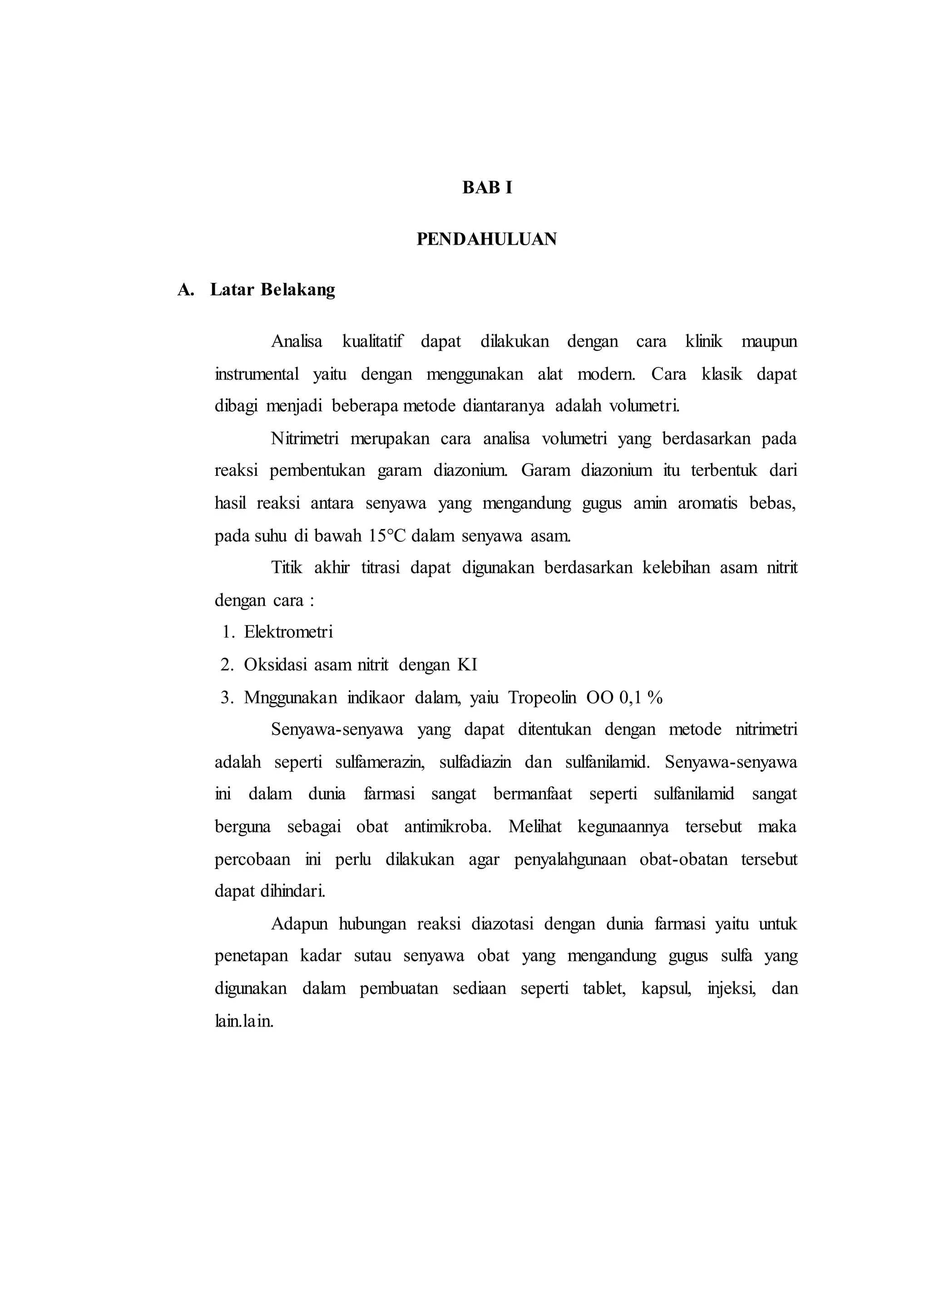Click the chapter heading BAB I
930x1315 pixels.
487,188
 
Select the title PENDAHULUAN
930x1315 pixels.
486,239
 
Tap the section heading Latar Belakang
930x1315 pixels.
272,290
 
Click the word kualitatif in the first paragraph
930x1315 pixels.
372,341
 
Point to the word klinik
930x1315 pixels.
704,341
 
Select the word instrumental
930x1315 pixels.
257,374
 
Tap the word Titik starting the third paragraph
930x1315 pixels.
287,568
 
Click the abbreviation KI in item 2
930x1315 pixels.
467,664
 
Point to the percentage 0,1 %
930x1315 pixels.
641,697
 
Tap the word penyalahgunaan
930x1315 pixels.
570,860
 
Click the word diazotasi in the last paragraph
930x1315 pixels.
502,924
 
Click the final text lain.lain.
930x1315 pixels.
244,1021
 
